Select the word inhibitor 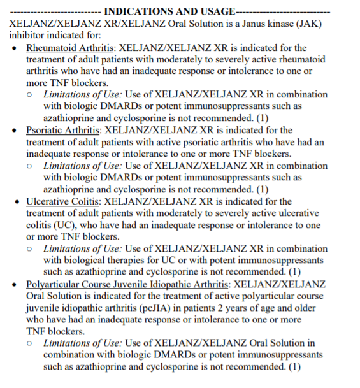point(29,35)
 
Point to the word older point(311,308)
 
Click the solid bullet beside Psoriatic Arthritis point(15,131)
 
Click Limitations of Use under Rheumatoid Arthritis point(83,94)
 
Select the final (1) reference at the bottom point(294,367)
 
